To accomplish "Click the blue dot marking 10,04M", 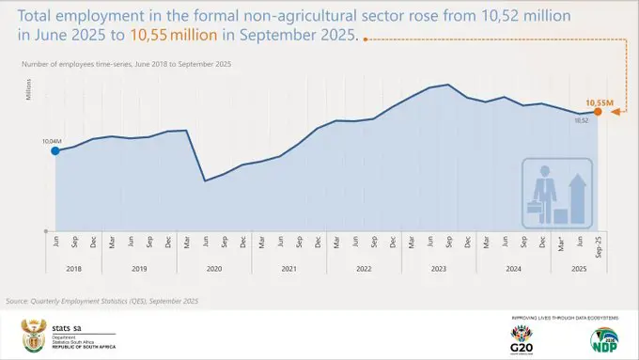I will pyautogui.click(x=55, y=150).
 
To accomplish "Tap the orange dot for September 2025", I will pyautogui.click(x=598, y=112).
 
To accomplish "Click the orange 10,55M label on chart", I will pyautogui.click(x=600, y=102).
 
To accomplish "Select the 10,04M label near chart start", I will pyautogui.click(x=52, y=141).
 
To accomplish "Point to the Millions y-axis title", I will pyautogui.click(x=29, y=89).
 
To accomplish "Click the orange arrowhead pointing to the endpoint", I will pyautogui.click(x=612, y=112).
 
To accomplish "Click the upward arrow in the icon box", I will pyautogui.click(x=578, y=196).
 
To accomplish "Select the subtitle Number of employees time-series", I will pyautogui.click(x=122, y=63).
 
